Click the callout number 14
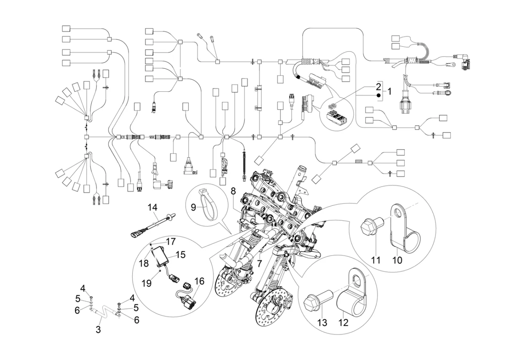152,207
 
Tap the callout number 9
194,207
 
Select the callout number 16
199,281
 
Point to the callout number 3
98,329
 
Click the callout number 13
322,322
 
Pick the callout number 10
397,260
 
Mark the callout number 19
146,283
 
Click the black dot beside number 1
378,95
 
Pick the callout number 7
260,264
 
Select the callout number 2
378,86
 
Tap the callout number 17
171,242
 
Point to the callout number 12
343,322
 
